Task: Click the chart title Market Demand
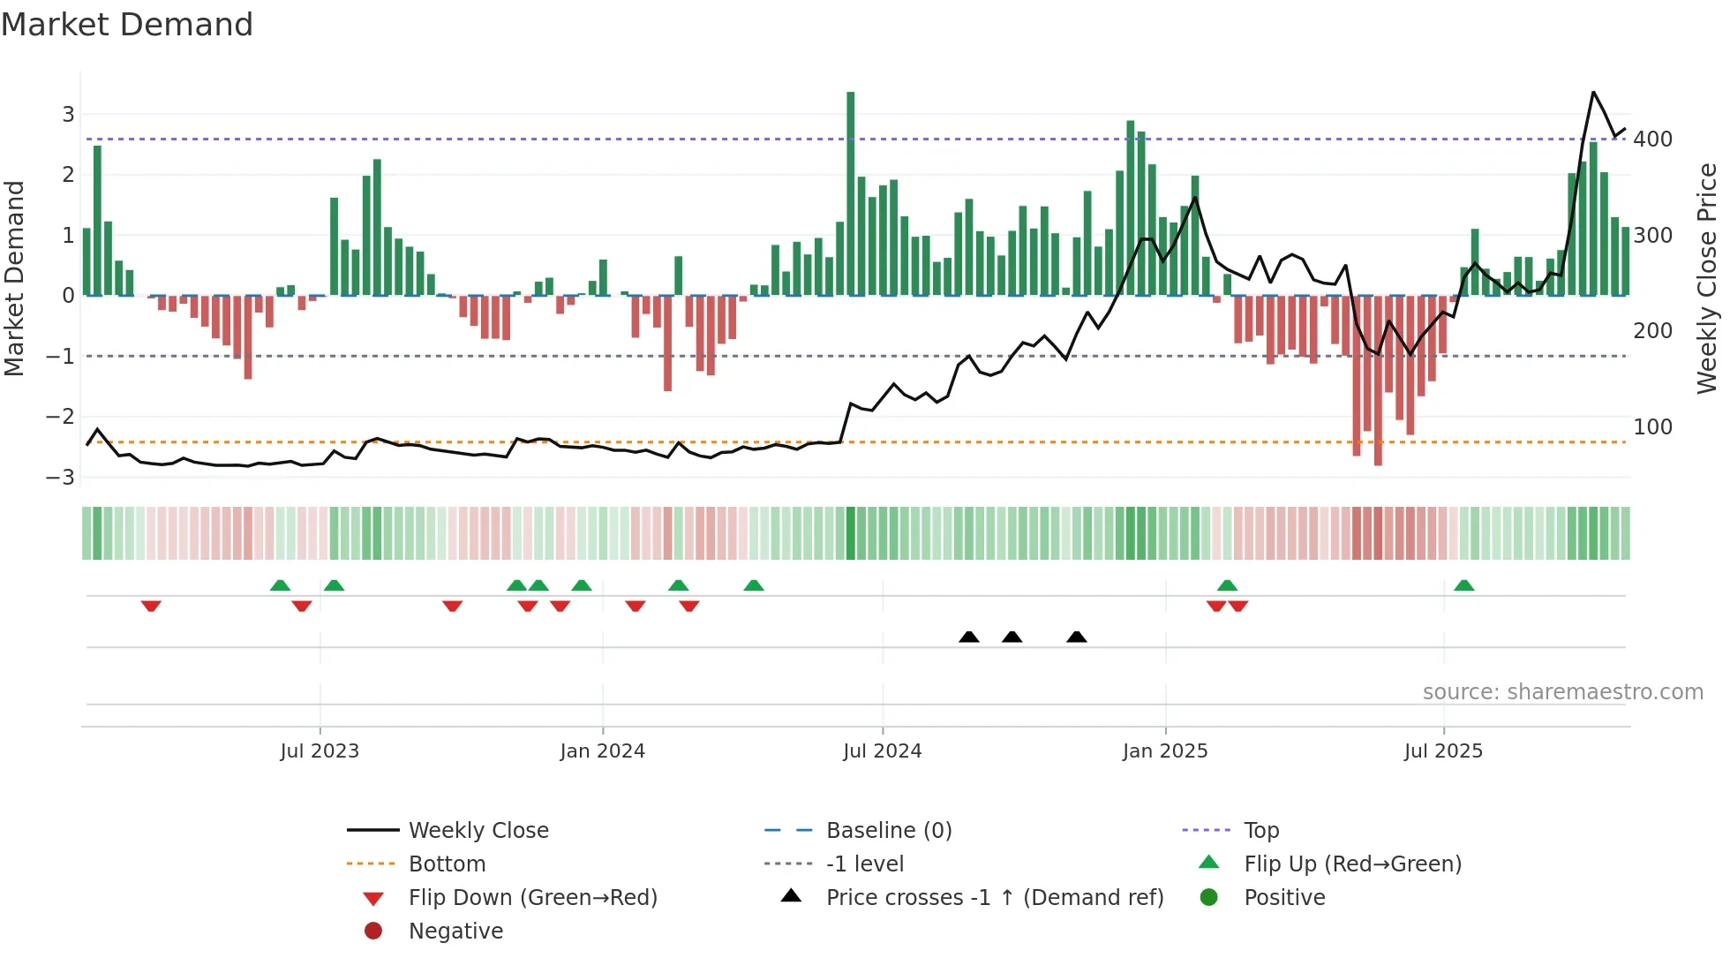(x=127, y=25)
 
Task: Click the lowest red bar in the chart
(x=1378, y=380)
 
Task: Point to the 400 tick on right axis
(x=1652, y=140)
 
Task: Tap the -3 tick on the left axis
(x=61, y=478)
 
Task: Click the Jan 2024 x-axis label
(x=602, y=751)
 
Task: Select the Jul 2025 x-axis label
(x=1443, y=751)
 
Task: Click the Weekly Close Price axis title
(x=1707, y=278)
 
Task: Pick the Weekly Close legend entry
(x=478, y=831)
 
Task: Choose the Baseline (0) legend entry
(x=888, y=831)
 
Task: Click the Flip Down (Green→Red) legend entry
(x=532, y=898)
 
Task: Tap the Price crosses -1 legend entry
(x=994, y=898)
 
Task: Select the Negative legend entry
(x=455, y=932)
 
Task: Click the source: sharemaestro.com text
(x=1562, y=692)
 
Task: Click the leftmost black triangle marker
(x=969, y=637)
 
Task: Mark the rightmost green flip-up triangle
(x=1463, y=585)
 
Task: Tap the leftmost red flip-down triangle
(x=151, y=606)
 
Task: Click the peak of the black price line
(x=1593, y=93)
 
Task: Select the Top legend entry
(x=1260, y=831)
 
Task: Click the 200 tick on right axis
(x=1652, y=331)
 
